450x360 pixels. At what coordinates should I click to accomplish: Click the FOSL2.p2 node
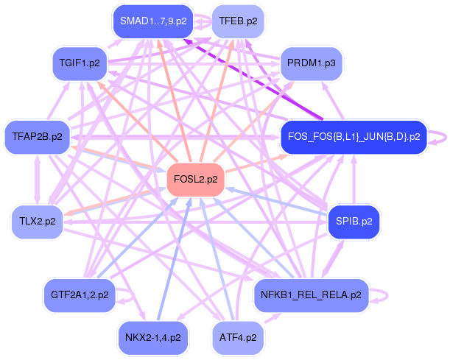coord(195,180)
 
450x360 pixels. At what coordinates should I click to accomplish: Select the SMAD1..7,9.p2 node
coord(153,21)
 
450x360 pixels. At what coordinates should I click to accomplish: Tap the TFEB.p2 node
coord(238,21)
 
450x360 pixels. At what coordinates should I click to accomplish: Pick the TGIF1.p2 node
coord(80,63)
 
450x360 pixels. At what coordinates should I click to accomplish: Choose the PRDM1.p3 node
coord(312,63)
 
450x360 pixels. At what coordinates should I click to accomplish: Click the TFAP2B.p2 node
coord(38,137)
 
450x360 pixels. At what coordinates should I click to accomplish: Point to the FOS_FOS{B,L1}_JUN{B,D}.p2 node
coord(354,137)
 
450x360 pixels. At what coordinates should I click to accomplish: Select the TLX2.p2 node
coord(38,222)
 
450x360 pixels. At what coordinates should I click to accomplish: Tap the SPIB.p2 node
coord(354,222)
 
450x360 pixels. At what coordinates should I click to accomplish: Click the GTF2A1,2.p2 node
coord(80,295)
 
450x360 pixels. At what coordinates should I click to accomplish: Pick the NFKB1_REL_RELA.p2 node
coord(312,295)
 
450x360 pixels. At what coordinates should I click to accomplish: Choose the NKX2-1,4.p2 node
coord(153,338)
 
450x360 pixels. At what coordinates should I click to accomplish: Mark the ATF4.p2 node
coord(238,338)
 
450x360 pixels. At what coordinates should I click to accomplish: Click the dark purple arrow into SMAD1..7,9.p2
coord(253,79)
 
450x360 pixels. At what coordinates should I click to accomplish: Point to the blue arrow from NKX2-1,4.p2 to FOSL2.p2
coord(174,259)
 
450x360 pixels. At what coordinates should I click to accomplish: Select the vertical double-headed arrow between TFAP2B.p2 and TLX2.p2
coord(38,180)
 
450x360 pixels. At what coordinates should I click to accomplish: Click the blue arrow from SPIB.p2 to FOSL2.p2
coord(276,202)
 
